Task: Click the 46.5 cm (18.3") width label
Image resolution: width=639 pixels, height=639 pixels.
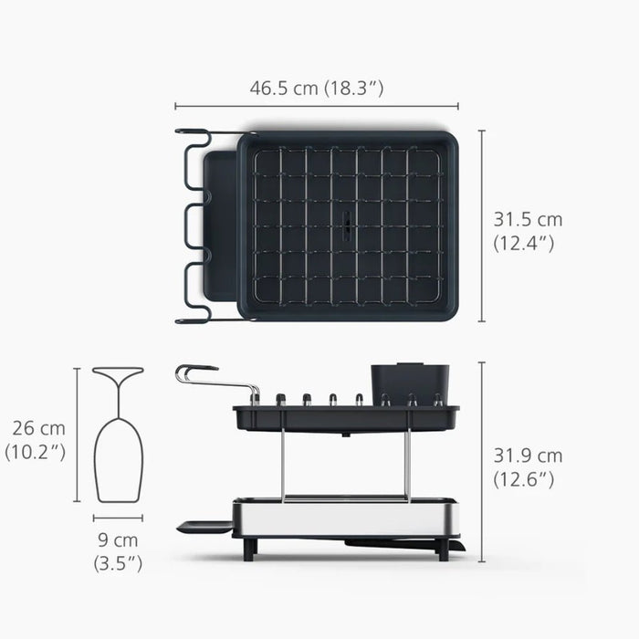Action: [316, 89]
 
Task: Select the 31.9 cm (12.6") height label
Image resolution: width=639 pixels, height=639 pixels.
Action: [528, 466]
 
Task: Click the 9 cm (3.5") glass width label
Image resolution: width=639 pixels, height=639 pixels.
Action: [118, 551]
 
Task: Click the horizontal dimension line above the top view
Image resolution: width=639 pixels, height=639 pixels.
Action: [316, 107]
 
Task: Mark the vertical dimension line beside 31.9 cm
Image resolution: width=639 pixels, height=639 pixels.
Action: [482, 461]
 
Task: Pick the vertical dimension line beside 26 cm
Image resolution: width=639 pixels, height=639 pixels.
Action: [78, 435]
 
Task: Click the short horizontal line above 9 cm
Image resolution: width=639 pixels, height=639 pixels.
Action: [118, 519]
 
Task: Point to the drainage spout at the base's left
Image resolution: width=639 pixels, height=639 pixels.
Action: [203, 525]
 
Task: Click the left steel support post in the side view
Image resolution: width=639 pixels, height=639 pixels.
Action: [284, 466]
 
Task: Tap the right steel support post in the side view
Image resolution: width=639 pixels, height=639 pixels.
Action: [408, 466]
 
